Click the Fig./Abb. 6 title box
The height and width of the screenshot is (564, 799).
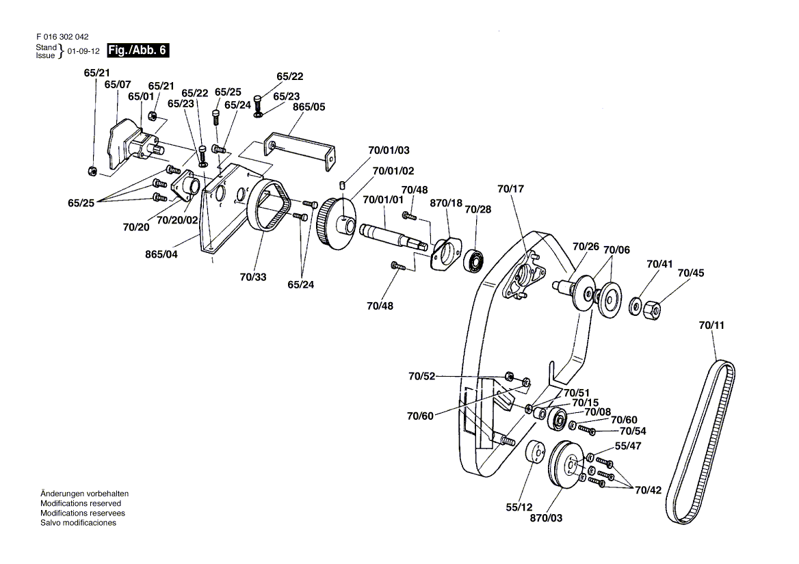point(137,50)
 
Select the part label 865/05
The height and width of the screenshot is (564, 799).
point(310,107)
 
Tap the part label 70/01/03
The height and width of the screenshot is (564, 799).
point(389,150)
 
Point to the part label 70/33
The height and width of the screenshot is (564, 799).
point(254,278)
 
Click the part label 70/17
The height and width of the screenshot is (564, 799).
point(509,189)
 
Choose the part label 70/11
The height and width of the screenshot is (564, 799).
point(711,326)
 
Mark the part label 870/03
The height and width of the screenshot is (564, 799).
point(546,518)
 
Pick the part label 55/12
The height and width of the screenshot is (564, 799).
point(519,507)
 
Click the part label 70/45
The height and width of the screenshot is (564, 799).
point(691,273)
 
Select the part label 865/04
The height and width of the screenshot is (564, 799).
point(162,254)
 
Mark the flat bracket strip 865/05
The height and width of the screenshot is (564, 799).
point(302,145)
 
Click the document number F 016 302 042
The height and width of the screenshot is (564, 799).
point(62,37)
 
